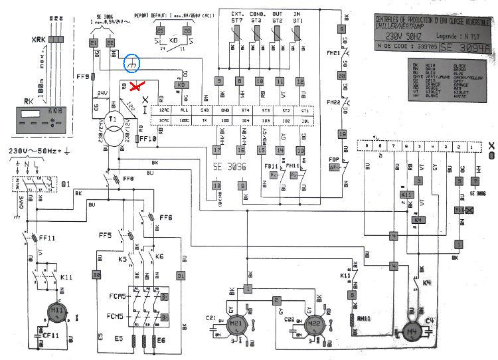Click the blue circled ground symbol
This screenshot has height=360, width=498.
pos(133,63)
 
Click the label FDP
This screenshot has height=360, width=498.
pos(334,160)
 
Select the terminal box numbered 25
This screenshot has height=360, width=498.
pos(160,31)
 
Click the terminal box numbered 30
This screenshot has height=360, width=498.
pos(96,276)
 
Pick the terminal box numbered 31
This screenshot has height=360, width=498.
pos(179,276)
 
